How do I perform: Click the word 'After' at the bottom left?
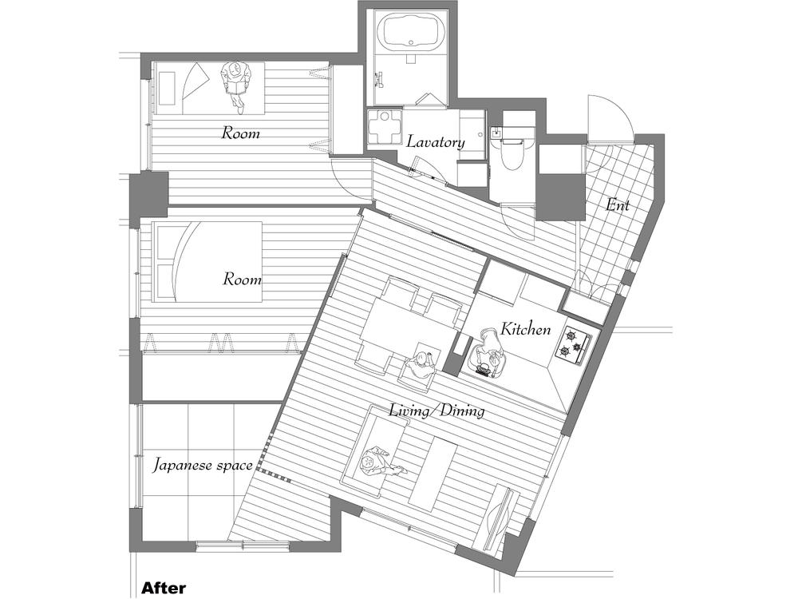(163, 589)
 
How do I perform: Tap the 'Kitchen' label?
(525, 330)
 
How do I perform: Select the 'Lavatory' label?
(435, 142)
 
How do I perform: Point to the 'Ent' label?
(617, 204)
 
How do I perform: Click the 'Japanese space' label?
(203, 466)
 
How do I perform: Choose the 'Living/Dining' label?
(437, 410)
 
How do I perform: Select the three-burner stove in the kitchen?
(573, 344)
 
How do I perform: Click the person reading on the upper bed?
(235, 85)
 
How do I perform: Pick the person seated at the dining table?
(421, 365)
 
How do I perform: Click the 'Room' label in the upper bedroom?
(241, 133)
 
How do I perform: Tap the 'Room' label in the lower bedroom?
(243, 280)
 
